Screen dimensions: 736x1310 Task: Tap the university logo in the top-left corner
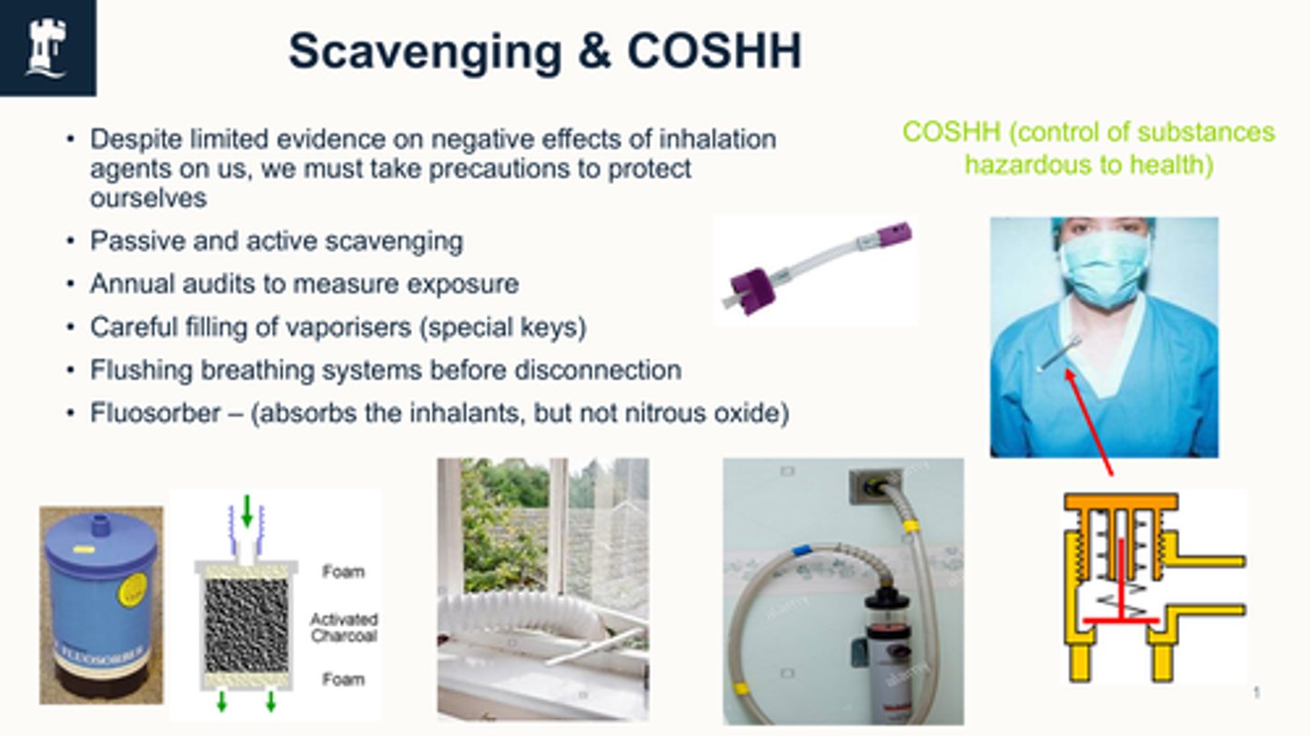coord(47,47)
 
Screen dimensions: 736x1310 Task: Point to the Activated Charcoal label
coord(343,627)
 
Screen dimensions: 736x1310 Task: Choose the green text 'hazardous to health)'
coord(1088,166)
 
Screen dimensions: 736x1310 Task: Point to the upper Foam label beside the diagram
coord(343,572)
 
